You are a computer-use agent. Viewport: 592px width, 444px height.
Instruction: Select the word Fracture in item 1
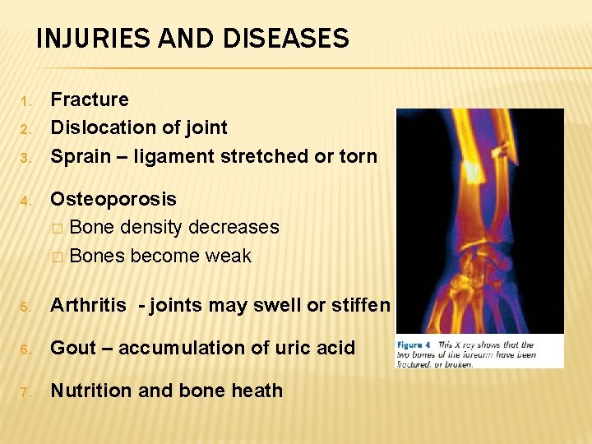[x=90, y=99]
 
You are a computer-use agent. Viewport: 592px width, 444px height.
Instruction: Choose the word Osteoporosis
[x=113, y=199]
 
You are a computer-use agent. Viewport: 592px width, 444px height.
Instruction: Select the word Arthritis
[x=89, y=306]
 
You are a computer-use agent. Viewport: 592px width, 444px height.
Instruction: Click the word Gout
[x=73, y=348]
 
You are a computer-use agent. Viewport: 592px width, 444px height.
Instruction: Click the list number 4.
[x=25, y=200]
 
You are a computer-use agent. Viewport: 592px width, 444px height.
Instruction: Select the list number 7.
[x=25, y=391]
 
